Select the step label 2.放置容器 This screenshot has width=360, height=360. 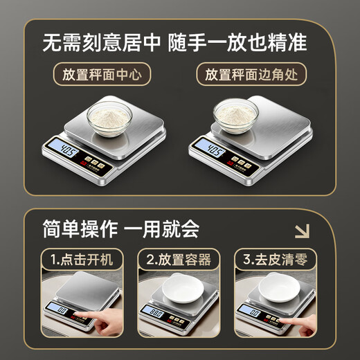tap(179, 261)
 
